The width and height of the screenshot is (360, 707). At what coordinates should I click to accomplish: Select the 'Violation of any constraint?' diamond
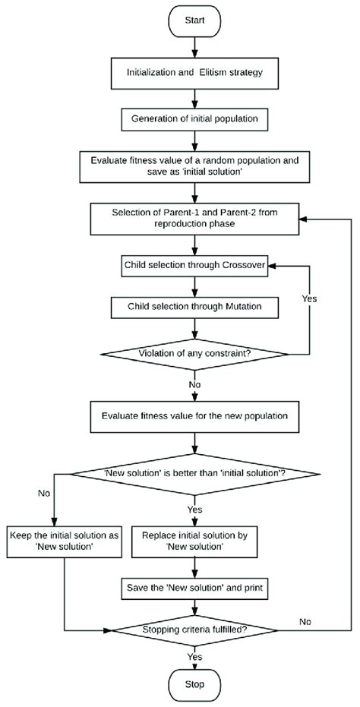(196, 352)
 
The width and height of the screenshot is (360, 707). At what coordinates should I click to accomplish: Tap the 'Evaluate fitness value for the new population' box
(196, 416)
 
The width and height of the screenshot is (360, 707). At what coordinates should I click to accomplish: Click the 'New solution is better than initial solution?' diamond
(196, 475)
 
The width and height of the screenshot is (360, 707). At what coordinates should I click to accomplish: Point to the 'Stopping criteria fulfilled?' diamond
(196, 630)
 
